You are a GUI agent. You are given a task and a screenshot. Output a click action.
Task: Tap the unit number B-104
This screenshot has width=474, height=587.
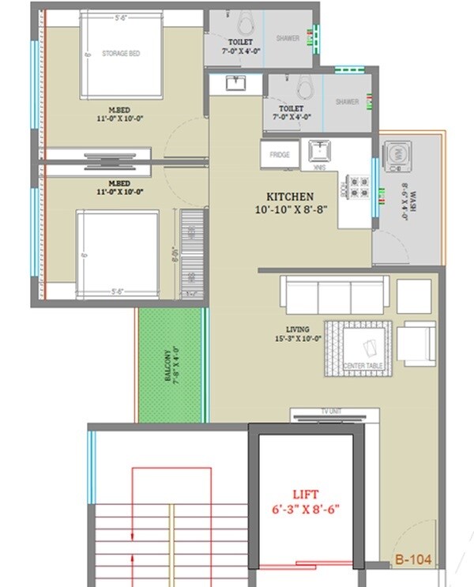click(x=413, y=559)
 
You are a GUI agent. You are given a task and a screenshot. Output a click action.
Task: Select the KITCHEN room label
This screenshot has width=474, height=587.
click(x=289, y=197)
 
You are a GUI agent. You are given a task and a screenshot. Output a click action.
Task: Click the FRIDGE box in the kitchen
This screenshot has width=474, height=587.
click(x=280, y=154)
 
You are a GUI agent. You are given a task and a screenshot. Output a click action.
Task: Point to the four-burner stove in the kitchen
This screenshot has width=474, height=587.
click(x=359, y=186)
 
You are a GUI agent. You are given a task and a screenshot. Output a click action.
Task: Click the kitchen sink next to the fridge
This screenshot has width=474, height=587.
click(x=318, y=150)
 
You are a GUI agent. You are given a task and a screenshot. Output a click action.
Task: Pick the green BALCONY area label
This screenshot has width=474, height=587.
click(x=172, y=363)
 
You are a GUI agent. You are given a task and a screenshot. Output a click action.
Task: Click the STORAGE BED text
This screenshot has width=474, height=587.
click(x=121, y=53)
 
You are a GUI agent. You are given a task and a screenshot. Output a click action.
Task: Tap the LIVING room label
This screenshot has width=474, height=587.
click(x=298, y=329)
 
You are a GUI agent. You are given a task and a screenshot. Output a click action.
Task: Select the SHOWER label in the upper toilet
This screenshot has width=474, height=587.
click(x=287, y=38)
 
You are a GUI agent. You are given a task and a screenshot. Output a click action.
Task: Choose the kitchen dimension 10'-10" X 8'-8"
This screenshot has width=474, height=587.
click(x=289, y=210)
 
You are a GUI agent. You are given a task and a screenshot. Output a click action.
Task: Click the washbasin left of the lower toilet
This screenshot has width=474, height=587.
click(x=234, y=82)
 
